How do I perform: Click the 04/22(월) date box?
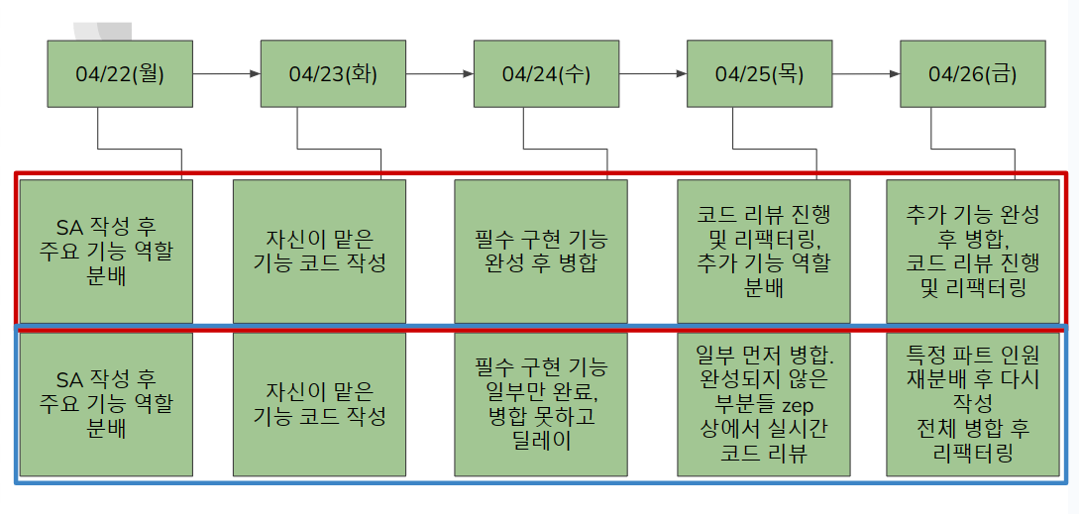120,73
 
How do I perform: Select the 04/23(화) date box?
333,73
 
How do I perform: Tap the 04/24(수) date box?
546,73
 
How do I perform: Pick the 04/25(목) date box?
759,73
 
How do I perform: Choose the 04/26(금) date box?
972,73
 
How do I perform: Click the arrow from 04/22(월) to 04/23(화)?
226,73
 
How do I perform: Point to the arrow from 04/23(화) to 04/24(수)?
439,73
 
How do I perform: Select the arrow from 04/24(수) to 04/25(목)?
652,73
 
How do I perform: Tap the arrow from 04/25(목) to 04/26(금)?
865,73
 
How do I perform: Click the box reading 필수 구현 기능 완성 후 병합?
541,251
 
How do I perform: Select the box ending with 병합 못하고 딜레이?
541,404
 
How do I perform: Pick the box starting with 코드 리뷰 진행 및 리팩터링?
763,251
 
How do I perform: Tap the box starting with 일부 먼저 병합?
763,404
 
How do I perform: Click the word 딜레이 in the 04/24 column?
541,441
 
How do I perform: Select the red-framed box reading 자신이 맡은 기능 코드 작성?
319,251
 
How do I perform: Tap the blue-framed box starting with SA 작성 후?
107,404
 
